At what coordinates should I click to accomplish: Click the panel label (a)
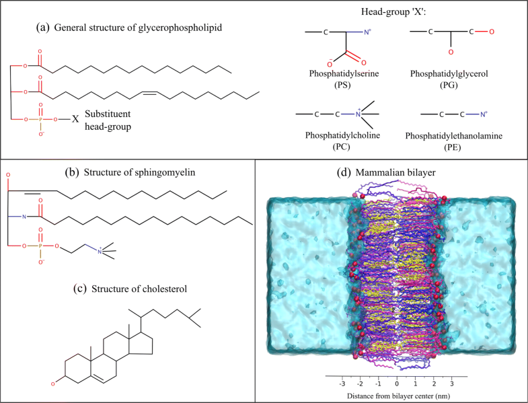(x=42, y=28)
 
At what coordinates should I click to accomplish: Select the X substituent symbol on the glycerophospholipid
(x=75, y=120)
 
